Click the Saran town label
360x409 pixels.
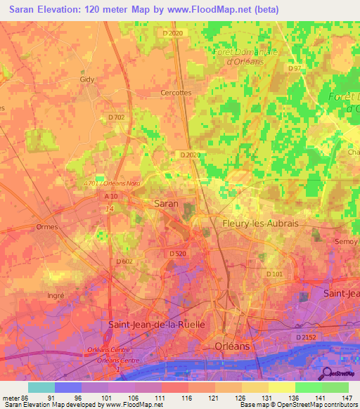(x=166, y=203)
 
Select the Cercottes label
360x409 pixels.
(x=176, y=92)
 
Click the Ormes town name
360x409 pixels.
(x=46, y=227)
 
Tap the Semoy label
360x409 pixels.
(x=348, y=241)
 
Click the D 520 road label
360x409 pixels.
(x=177, y=253)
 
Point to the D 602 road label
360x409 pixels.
(x=124, y=261)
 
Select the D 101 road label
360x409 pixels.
(x=274, y=273)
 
